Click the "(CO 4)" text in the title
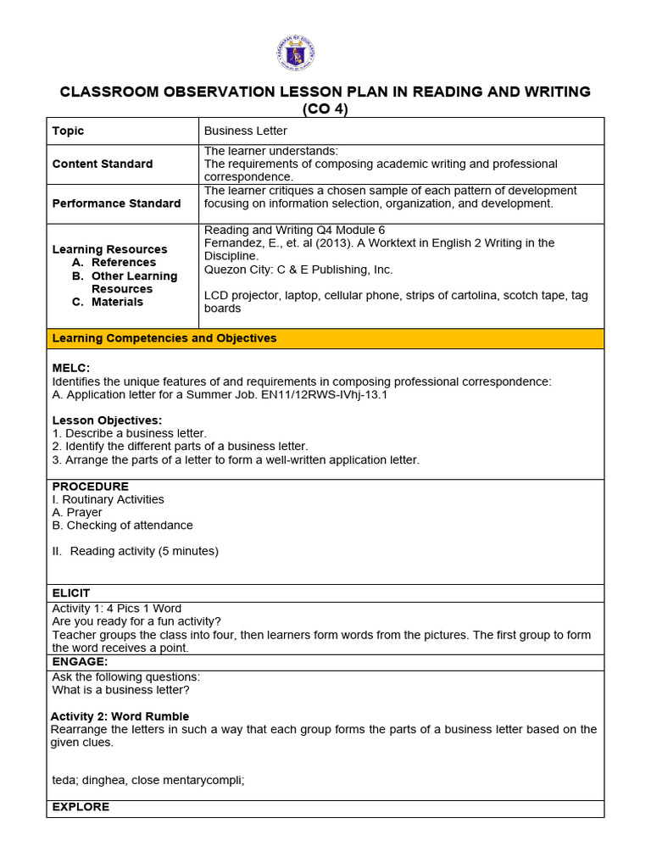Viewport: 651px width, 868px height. [x=325, y=108]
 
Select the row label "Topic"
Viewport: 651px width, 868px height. [x=69, y=131]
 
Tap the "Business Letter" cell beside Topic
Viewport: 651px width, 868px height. [x=246, y=131]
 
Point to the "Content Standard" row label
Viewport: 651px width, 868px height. [x=103, y=164]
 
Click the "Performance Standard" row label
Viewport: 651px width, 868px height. [x=116, y=203]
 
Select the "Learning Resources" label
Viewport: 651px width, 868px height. [x=109, y=249]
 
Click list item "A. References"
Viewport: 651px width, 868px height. [x=114, y=263]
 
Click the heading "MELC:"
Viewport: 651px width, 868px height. [x=71, y=368]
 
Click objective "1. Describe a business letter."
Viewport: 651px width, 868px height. [x=130, y=433]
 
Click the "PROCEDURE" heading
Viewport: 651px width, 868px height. [x=91, y=487]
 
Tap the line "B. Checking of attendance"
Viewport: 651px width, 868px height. [x=123, y=526]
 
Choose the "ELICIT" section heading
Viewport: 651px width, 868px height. [x=71, y=593]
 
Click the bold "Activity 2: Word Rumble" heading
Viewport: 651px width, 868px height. [x=120, y=716]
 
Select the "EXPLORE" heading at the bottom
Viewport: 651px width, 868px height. [x=81, y=807]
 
